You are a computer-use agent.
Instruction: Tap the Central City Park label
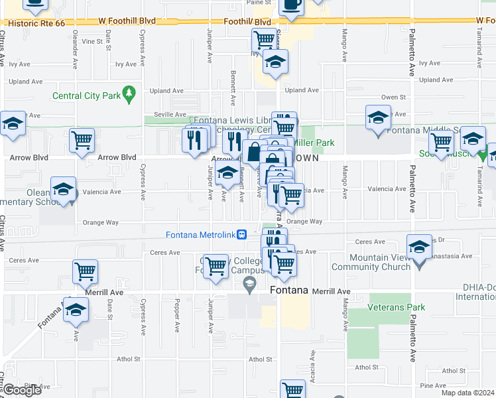[87, 96]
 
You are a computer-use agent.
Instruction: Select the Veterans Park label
[397, 307]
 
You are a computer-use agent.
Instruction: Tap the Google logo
[22, 390]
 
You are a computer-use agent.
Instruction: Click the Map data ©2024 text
[467, 393]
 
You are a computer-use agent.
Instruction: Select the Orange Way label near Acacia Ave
[304, 222]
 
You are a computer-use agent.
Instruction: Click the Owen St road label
[393, 97]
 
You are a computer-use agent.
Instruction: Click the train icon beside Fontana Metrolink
[243, 233]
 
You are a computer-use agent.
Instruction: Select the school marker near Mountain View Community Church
[419, 249]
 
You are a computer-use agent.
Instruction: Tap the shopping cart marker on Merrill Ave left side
[85, 271]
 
